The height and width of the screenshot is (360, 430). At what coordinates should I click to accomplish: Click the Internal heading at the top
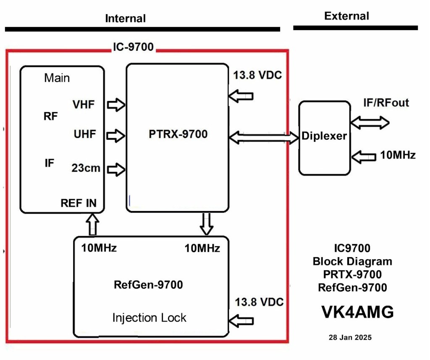[x=125, y=18]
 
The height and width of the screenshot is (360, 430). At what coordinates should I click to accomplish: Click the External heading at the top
[x=346, y=16]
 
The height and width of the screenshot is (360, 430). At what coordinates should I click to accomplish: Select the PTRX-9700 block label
[x=178, y=134]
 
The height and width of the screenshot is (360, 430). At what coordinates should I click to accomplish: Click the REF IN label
[x=79, y=203]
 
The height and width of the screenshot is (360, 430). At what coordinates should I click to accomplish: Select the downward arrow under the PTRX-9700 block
[x=206, y=224]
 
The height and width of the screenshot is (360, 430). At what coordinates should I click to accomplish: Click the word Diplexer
[x=324, y=136]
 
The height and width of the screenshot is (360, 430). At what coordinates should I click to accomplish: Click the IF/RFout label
[x=386, y=103]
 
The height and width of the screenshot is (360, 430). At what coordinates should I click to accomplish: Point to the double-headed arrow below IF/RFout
[x=370, y=123]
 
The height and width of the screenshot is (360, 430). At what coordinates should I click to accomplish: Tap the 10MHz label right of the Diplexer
[x=398, y=155]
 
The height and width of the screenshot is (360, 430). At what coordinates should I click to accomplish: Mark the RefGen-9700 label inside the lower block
[x=148, y=285]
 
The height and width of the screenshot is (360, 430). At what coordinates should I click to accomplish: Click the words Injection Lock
[x=149, y=318]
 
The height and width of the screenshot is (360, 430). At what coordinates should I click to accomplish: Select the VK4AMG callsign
[x=357, y=312]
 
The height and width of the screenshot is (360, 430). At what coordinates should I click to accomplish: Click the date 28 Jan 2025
[x=350, y=337]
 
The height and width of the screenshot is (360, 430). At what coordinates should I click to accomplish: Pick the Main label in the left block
[x=57, y=78]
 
